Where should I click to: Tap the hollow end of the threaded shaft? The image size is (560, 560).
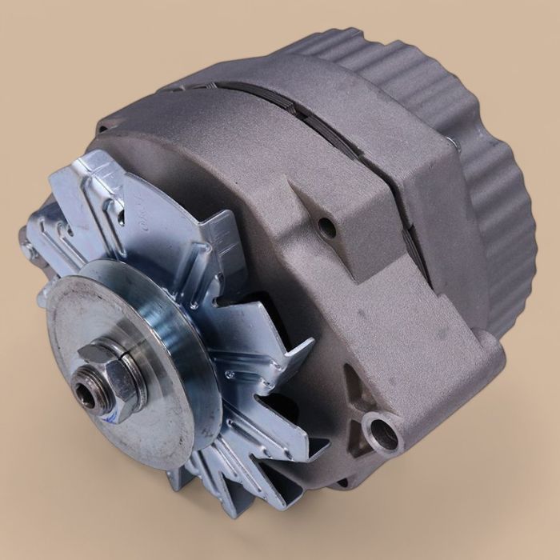(x=82, y=391)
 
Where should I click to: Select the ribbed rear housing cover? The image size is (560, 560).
(x=496, y=200)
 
